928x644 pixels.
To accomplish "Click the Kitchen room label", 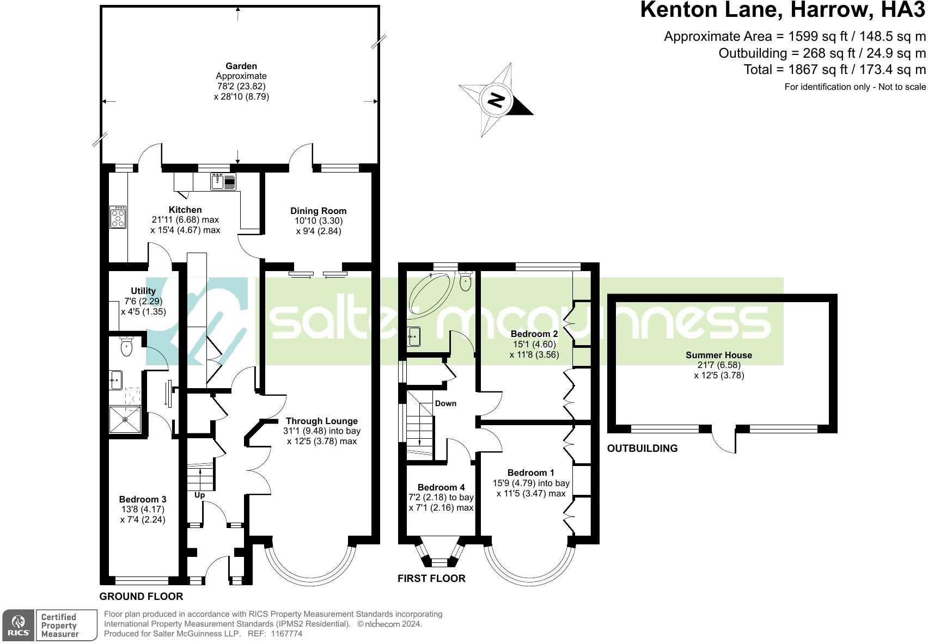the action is coord(185,210).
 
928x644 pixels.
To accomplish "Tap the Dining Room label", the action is coord(318,211).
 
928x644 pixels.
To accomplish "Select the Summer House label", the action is coord(719,355).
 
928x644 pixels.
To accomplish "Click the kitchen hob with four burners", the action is coord(118,217).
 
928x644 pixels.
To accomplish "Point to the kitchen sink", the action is coord(223,181).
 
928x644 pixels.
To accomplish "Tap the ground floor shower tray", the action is coord(125,420).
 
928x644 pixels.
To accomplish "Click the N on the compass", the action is coord(496,100).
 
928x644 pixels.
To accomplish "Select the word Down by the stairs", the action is coord(445,403).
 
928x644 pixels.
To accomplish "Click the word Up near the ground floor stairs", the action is coord(200,495).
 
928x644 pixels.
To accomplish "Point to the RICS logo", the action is coord(19,625).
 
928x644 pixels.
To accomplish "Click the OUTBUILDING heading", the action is coord(642,448).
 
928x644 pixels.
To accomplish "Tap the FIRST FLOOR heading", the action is coord(431,579).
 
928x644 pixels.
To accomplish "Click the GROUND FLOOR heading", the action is coord(141,597).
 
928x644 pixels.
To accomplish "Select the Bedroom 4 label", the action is coord(441,487).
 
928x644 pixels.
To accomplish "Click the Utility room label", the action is coord(143,291).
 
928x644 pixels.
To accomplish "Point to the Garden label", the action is coord(241,66).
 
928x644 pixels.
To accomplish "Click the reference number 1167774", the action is coord(286,634).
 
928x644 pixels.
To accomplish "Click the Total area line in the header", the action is coord(834,70).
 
